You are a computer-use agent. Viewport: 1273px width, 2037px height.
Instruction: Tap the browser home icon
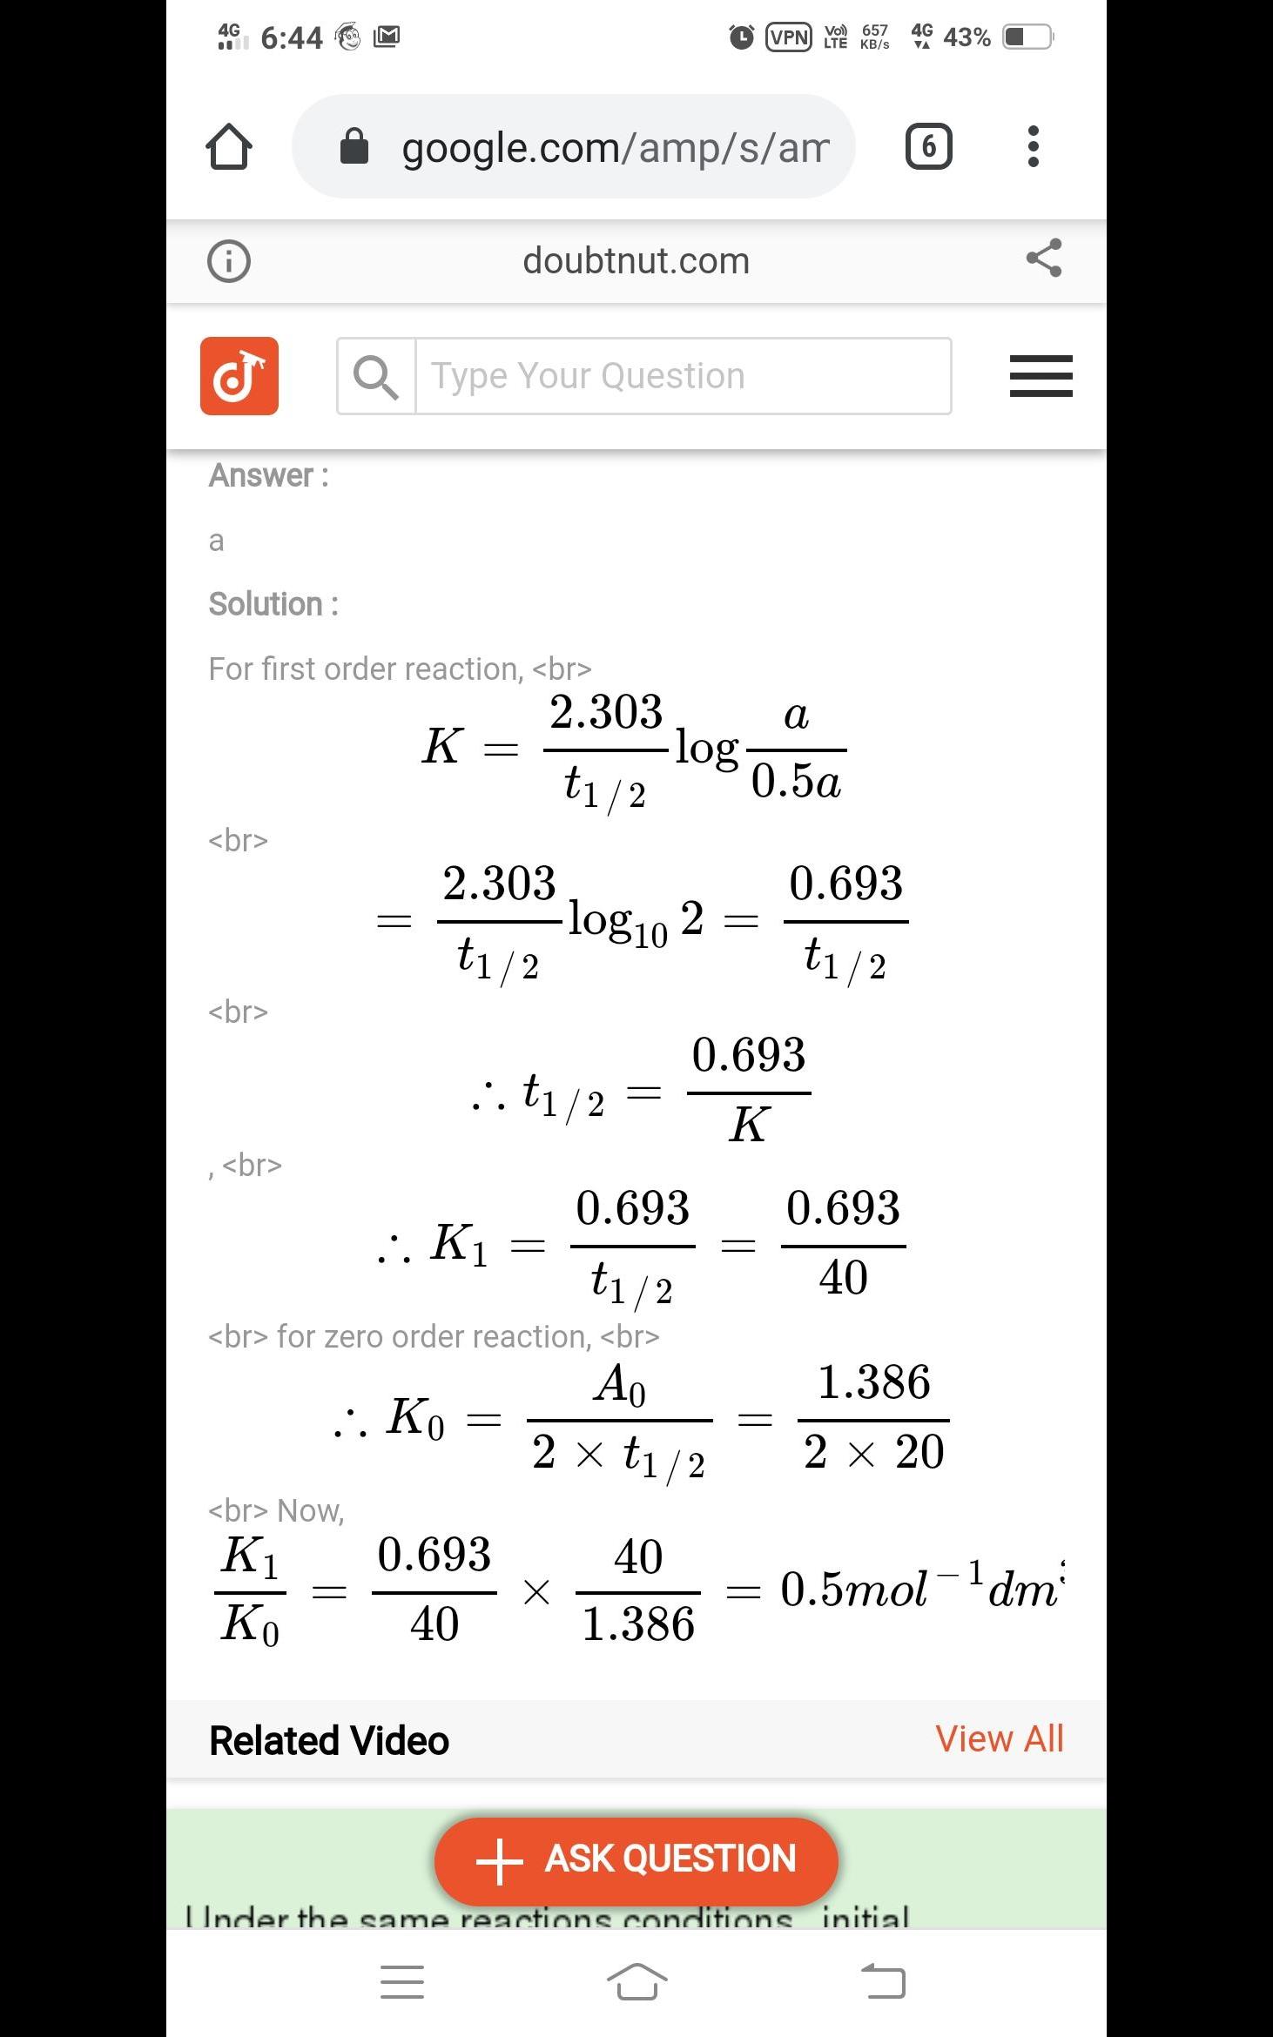pyautogui.click(x=229, y=146)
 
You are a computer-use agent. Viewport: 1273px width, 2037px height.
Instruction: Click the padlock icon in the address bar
pyautogui.click(x=354, y=146)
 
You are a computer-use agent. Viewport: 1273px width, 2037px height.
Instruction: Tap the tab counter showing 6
pyautogui.click(x=928, y=146)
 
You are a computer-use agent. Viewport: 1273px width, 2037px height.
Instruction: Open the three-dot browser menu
pyautogui.click(x=1033, y=146)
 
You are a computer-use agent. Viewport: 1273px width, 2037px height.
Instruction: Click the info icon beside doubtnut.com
pyautogui.click(x=229, y=260)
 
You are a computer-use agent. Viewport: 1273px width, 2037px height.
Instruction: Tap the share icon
pyautogui.click(x=1043, y=259)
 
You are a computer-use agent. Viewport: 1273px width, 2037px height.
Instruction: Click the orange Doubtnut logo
pyautogui.click(x=239, y=376)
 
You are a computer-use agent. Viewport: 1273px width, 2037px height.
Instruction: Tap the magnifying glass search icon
pyautogui.click(x=376, y=377)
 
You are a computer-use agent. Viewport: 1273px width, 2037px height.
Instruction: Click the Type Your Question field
pyautogui.click(x=683, y=376)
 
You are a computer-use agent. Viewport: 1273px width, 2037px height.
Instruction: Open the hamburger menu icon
pyautogui.click(x=1041, y=376)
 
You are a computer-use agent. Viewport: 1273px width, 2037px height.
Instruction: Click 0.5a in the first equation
pyautogui.click(x=796, y=781)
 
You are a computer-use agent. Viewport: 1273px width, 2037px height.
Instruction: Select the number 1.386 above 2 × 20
pyautogui.click(x=873, y=1382)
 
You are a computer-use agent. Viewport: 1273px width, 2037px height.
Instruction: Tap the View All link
pyautogui.click(x=999, y=1738)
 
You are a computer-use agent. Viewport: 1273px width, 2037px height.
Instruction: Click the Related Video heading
pyautogui.click(x=329, y=1740)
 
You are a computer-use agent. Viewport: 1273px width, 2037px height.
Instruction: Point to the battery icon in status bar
pyautogui.click(x=1027, y=37)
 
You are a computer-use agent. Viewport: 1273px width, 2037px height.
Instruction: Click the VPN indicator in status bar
pyautogui.click(x=789, y=37)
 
